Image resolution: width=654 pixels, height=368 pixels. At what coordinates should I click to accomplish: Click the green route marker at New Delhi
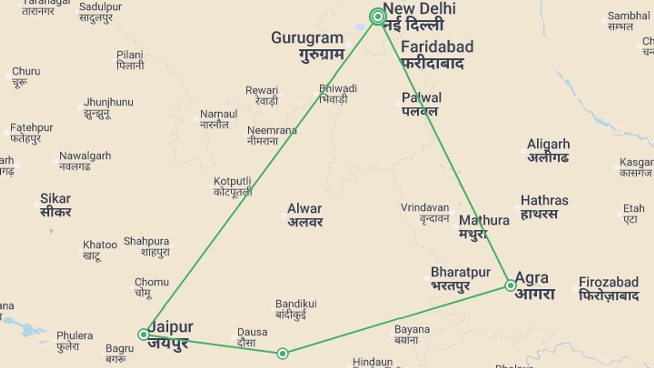coord(377,16)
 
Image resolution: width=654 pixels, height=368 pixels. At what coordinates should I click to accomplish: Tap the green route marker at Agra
coord(510,285)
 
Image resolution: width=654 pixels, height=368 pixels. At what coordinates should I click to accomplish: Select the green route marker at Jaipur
coord(144,334)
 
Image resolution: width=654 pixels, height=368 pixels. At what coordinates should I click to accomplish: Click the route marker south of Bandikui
coord(282,354)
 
